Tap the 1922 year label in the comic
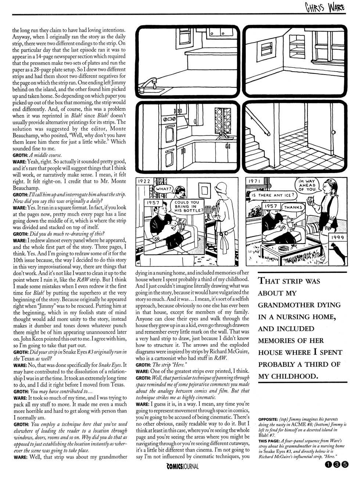tap(144, 181)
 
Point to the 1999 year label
tap(338, 238)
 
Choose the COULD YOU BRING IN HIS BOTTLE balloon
tap(187, 207)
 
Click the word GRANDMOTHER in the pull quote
tap(299, 305)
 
